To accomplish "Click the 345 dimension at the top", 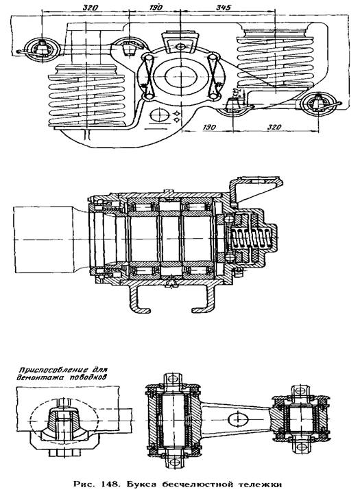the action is [224, 8].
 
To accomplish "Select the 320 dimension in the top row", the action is [91, 8].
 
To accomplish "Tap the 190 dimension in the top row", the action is [155, 8].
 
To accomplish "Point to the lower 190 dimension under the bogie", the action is [209, 127].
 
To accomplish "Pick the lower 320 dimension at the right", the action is [274, 127].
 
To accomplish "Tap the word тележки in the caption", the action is [262, 484].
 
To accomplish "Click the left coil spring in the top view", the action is [87, 95].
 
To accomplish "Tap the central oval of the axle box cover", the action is [180, 77].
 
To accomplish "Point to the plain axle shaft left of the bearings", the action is [43, 239].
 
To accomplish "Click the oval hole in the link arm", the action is [238, 419].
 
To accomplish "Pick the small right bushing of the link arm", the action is [300, 419].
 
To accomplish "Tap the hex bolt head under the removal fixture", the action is [65, 453].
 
